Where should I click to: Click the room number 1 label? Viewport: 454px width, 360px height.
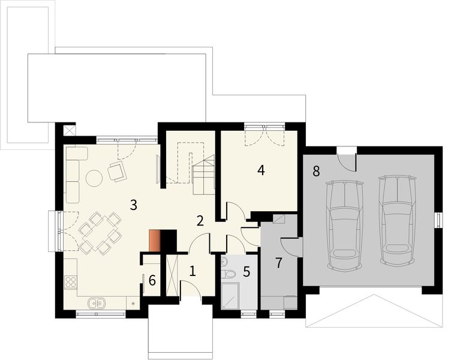click(x=192, y=271)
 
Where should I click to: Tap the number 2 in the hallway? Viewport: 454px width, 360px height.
click(x=200, y=220)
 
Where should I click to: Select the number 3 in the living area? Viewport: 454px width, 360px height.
click(x=133, y=205)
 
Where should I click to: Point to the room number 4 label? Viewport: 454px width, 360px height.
click(x=260, y=170)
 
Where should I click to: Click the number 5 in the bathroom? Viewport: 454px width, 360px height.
click(x=246, y=271)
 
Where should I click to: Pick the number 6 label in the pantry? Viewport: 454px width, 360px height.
click(x=152, y=280)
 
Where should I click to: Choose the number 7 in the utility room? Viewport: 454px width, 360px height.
click(x=278, y=262)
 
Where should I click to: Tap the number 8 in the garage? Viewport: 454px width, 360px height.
click(x=315, y=171)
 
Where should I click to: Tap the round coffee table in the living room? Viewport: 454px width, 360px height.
click(x=94, y=178)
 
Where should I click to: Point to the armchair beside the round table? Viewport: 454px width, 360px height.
click(x=116, y=172)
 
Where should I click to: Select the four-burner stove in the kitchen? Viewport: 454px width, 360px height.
click(x=70, y=281)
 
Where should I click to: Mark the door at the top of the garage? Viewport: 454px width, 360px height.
click(x=346, y=158)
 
